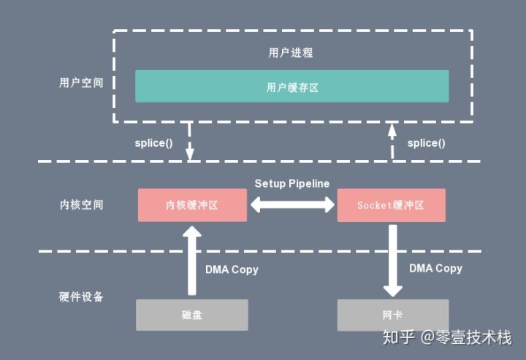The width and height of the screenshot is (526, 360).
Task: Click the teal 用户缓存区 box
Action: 291,86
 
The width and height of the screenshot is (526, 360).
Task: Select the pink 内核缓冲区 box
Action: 192,205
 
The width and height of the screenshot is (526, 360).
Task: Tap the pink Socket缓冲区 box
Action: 391,205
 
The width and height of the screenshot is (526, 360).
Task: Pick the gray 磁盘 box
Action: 192,314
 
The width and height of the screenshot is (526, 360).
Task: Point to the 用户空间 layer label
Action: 81,82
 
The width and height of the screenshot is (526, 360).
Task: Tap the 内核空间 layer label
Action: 81,204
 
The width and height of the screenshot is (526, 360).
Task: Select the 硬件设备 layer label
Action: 81,297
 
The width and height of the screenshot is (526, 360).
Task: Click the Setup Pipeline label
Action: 291,183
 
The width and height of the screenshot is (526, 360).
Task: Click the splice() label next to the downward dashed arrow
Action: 153,142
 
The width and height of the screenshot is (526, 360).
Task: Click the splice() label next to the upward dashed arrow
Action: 427,142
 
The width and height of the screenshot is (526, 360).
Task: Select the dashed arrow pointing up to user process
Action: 392,142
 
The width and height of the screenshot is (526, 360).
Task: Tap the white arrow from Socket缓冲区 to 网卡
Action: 392,260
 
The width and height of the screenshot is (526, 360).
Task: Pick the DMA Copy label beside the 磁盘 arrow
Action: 232,269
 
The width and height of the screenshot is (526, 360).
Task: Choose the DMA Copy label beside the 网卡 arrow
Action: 435,268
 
